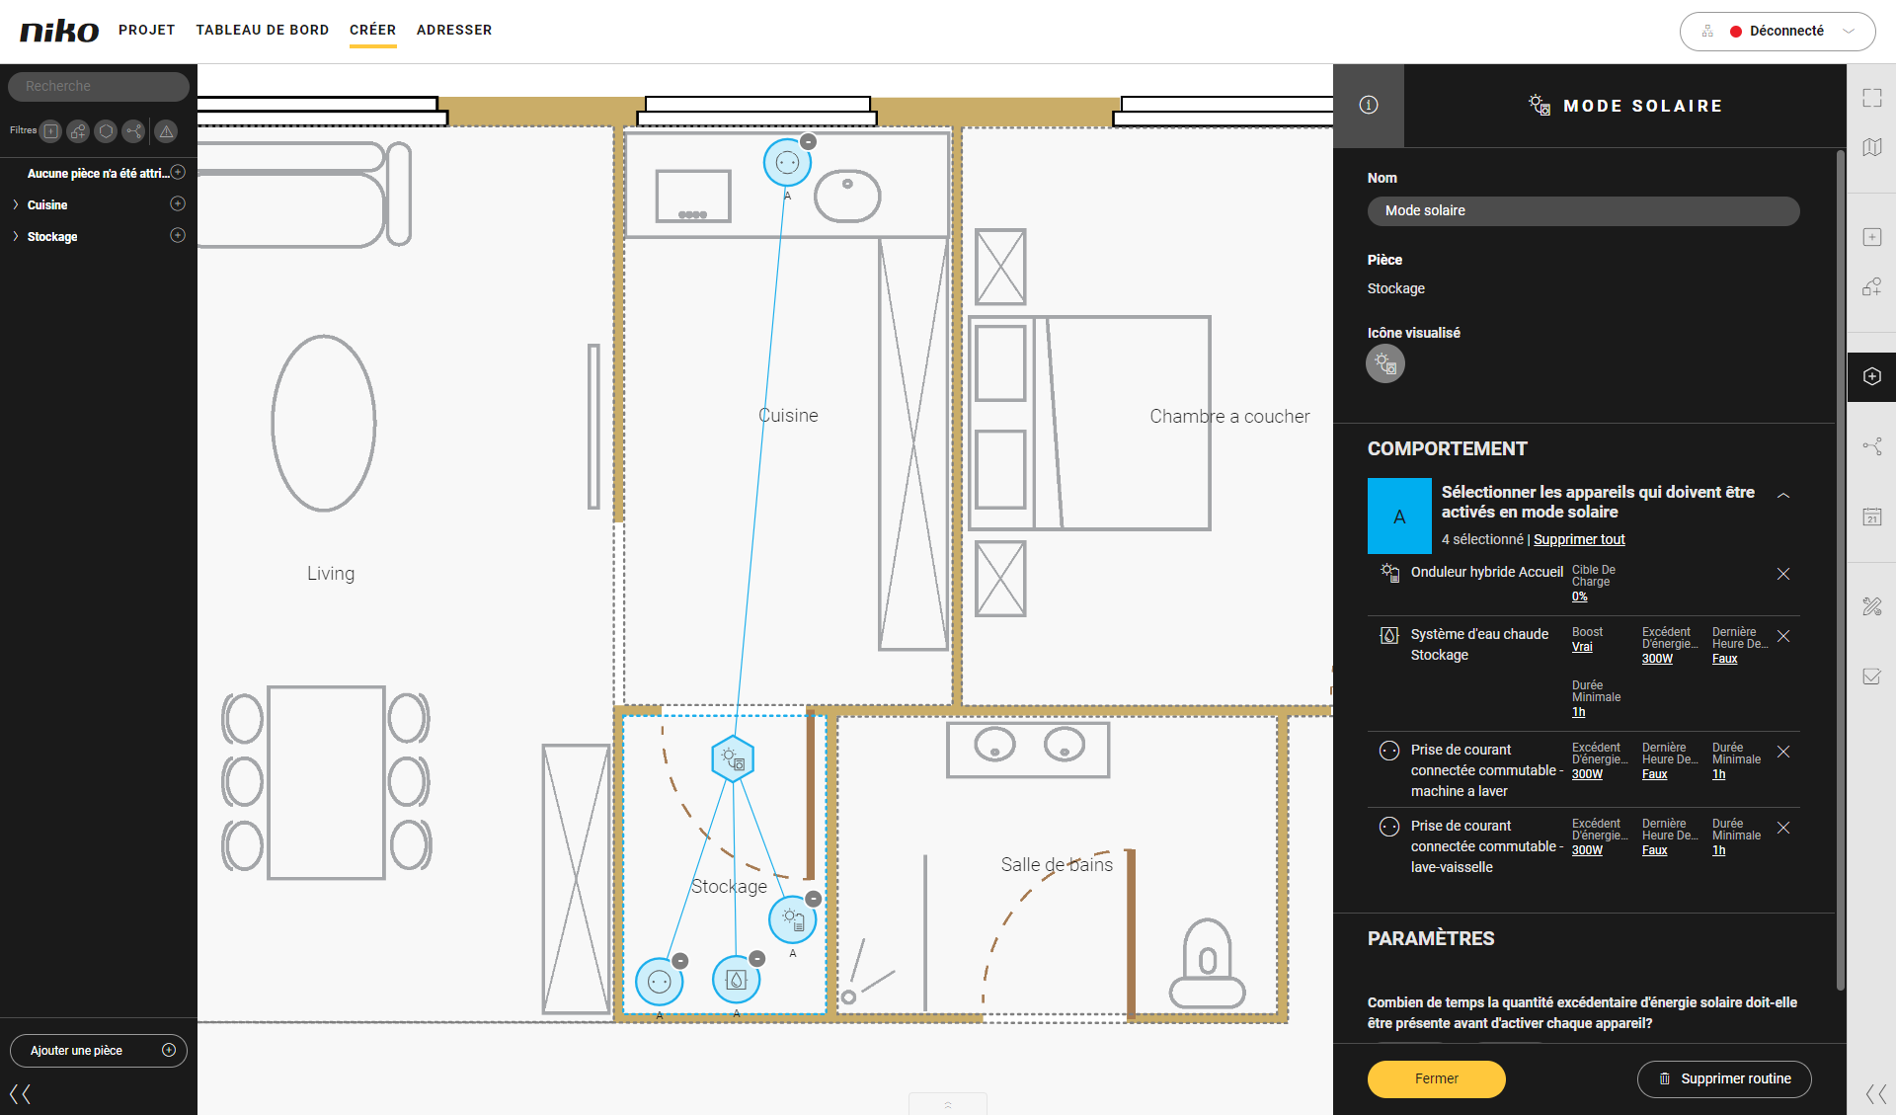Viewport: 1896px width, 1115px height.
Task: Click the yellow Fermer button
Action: pyautogui.click(x=1436, y=1078)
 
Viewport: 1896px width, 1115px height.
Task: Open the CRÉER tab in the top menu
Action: pyautogui.click(x=372, y=30)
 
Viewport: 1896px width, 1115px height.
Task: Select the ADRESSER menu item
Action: pyautogui.click(x=454, y=30)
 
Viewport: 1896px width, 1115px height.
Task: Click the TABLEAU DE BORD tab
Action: pyautogui.click(x=263, y=30)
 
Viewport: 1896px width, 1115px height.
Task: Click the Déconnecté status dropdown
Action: pyautogui.click(x=1777, y=31)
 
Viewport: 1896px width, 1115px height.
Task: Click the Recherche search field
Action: pyautogui.click(x=99, y=86)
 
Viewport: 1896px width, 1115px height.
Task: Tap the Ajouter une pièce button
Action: pyautogui.click(x=99, y=1050)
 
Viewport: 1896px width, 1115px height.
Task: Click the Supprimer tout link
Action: pyautogui.click(x=1579, y=539)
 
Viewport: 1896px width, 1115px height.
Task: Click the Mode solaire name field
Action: pyautogui.click(x=1583, y=210)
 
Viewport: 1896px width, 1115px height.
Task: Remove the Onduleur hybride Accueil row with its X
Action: pyautogui.click(x=1783, y=574)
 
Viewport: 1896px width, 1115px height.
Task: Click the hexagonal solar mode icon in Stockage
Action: pyautogui.click(x=733, y=758)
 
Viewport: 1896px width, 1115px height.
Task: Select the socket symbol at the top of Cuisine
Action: pyautogui.click(x=787, y=163)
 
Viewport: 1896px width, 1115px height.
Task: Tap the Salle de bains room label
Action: pyautogui.click(x=1057, y=865)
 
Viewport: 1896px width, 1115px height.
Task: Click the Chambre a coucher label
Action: pyautogui.click(x=1229, y=417)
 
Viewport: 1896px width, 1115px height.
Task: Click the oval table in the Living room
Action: pyautogui.click(x=324, y=424)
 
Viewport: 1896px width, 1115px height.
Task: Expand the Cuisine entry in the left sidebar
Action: pyautogui.click(x=16, y=204)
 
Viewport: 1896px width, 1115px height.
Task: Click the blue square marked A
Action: pyautogui.click(x=1399, y=516)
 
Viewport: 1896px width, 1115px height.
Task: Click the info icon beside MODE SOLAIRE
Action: pyautogui.click(x=1369, y=105)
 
